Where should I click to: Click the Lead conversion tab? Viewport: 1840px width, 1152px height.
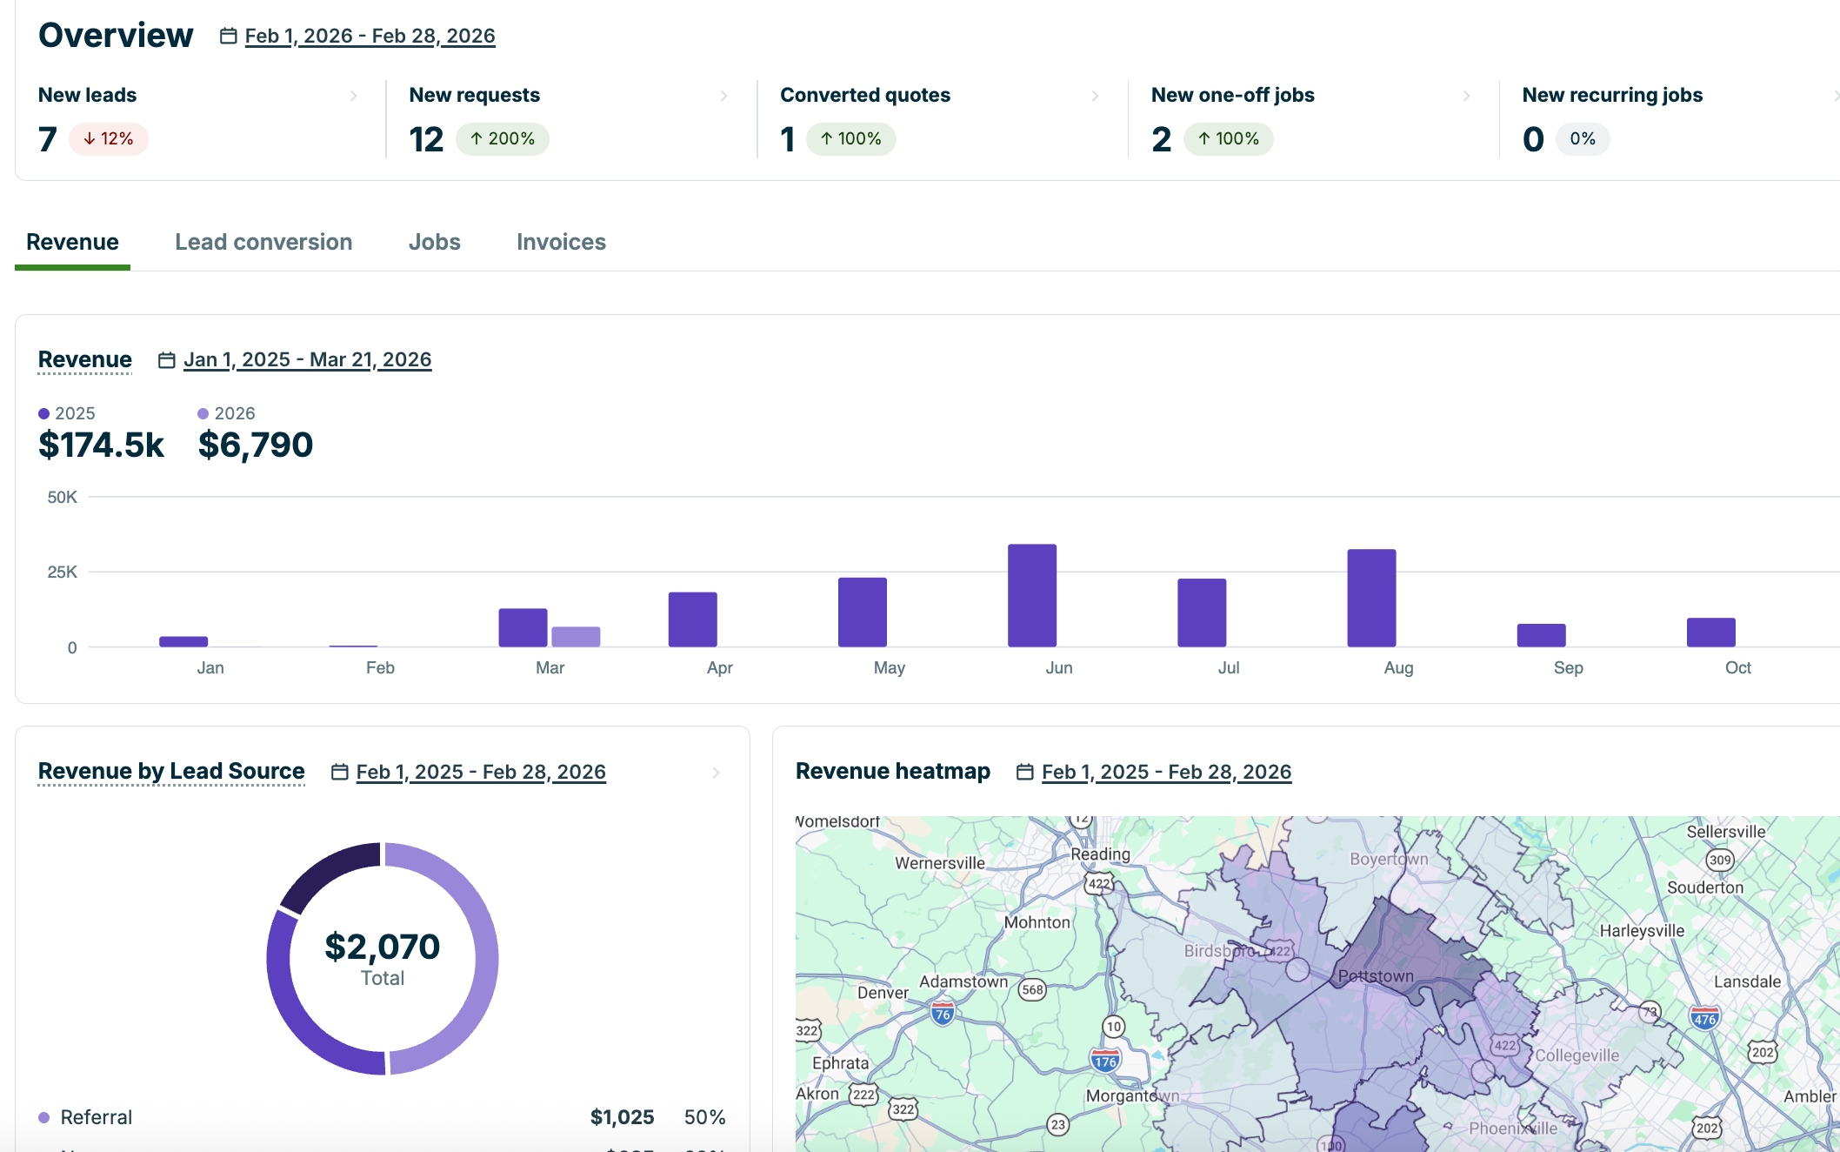coord(263,242)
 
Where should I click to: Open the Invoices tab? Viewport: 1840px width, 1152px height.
coord(561,242)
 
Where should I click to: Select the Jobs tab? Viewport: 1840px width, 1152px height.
coord(434,242)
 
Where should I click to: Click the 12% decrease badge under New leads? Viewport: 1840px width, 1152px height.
coord(109,139)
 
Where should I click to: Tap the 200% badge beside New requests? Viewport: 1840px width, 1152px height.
coord(503,139)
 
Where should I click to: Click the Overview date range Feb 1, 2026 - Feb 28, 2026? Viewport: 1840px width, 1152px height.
coord(370,36)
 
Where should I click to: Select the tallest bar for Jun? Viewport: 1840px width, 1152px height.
coord(1032,595)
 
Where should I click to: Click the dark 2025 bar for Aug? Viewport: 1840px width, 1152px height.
coord(1371,598)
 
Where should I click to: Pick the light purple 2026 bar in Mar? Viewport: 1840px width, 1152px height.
coord(576,636)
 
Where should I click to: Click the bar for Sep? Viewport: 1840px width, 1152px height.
coord(1541,635)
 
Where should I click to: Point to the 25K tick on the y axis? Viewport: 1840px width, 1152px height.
coord(62,572)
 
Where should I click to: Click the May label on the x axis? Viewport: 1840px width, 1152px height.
coord(889,667)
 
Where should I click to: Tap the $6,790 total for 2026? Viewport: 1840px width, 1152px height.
coord(256,445)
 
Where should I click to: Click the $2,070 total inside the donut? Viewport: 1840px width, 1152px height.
coord(383,947)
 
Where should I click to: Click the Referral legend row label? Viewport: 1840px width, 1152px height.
coord(96,1117)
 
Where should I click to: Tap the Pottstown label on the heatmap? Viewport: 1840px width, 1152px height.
coord(1376,976)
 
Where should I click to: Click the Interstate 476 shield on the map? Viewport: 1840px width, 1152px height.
coord(1704,1018)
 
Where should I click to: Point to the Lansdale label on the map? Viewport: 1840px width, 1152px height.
coord(1747,981)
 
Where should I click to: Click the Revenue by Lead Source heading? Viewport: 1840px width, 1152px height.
coord(171,771)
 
